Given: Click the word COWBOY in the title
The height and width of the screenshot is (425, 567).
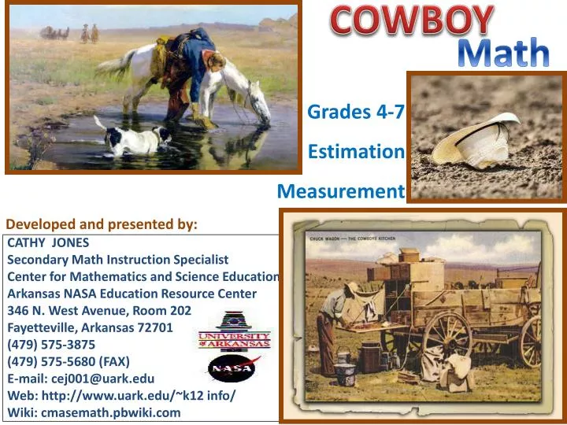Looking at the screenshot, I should pyautogui.click(x=412, y=20).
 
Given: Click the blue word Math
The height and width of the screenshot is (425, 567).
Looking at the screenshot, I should pyautogui.click(x=503, y=52).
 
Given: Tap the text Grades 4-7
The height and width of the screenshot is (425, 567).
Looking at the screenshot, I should pyautogui.click(x=356, y=112).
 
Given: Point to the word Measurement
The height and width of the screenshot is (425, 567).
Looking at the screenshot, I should pyautogui.click(x=341, y=191).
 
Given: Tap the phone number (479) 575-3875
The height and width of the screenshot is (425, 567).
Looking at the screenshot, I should pyautogui.click(x=51, y=345).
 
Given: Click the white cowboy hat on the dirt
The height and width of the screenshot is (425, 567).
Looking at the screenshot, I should pyautogui.click(x=476, y=140).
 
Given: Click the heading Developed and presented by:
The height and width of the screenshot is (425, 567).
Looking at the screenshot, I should pyautogui.click(x=102, y=224).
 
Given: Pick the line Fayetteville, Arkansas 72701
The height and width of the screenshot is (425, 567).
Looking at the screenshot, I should pyautogui.click(x=90, y=327).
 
